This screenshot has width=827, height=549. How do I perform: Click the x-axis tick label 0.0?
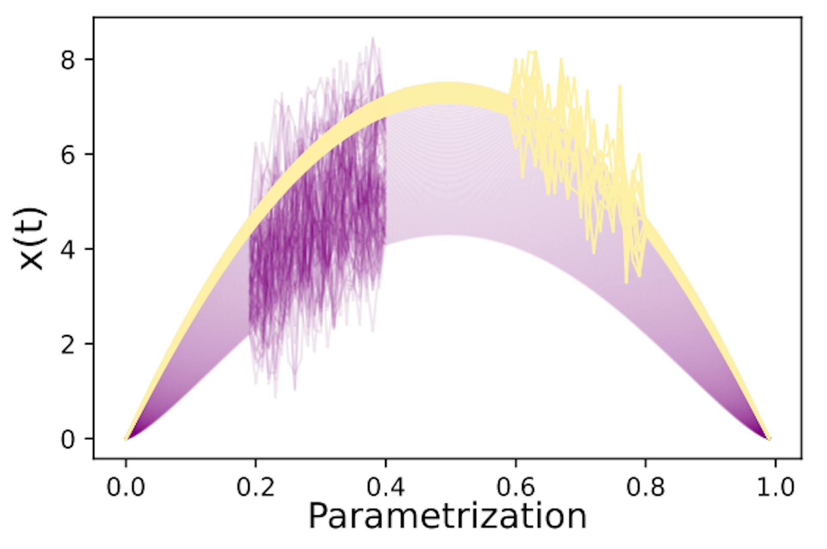pyautogui.click(x=125, y=488)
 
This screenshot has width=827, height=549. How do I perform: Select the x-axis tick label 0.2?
pyautogui.click(x=255, y=488)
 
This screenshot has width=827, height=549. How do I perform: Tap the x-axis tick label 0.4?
pyautogui.click(x=386, y=488)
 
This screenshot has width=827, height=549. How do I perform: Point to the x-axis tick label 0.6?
pyautogui.click(x=516, y=488)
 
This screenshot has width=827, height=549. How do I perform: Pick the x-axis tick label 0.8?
pyautogui.click(x=645, y=488)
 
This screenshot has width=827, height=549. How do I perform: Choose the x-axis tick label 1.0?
pyautogui.click(x=775, y=488)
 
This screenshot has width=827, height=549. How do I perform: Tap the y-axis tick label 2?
pyautogui.click(x=68, y=344)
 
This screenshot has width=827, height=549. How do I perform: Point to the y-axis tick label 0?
pyautogui.click(x=68, y=439)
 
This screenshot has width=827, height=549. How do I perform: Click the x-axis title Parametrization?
pyautogui.click(x=448, y=516)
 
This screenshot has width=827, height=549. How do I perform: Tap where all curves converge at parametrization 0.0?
pyautogui.click(x=126, y=439)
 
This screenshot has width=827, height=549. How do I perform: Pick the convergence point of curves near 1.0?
pyautogui.click(x=770, y=439)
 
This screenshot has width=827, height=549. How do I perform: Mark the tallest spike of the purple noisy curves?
pyautogui.click(x=373, y=38)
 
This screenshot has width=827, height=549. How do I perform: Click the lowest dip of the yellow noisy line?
pyautogui.click(x=626, y=282)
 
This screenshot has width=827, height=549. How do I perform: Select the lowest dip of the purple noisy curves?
pyautogui.click(x=275, y=397)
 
